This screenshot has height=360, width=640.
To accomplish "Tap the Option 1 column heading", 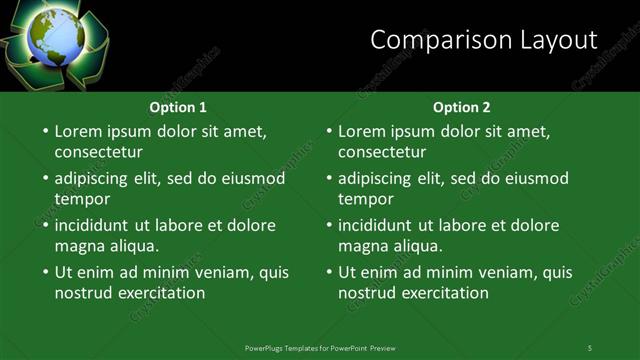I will pos(179,107).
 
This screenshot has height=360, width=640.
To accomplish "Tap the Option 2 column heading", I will pos(462,107).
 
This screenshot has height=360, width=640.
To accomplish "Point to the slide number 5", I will pos(590,347).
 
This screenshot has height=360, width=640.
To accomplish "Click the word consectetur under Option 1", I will pos(98,153).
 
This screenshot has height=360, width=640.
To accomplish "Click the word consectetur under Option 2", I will pos(382,153).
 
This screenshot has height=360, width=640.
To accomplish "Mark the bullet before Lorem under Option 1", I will pos(44,131).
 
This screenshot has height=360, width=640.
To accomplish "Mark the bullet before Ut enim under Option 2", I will pos(328,272).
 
